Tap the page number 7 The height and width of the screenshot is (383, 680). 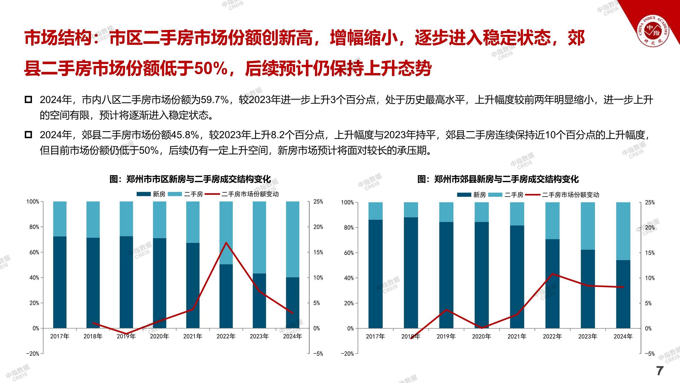point(660,371)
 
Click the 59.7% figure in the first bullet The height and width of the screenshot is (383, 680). point(214,100)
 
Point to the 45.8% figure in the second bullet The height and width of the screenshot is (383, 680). point(185,135)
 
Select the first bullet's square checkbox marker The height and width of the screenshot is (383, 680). point(28,100)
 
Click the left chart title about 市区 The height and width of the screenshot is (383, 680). point(190,179)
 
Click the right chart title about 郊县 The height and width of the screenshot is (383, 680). point(498,179)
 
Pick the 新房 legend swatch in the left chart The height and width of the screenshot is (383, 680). point(144,194)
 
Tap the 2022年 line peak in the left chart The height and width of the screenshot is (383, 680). point(226,243)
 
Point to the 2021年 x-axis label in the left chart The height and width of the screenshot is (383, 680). point(193,336)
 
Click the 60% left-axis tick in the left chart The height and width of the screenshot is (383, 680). point(34,252)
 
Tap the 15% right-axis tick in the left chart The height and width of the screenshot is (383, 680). point(318,252)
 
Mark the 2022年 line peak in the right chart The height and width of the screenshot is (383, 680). point(552,274)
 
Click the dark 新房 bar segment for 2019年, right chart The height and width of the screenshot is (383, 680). point(446,275)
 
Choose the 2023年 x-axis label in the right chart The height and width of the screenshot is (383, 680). point(588,337)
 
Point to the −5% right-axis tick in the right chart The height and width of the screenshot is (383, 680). point(650,354)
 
